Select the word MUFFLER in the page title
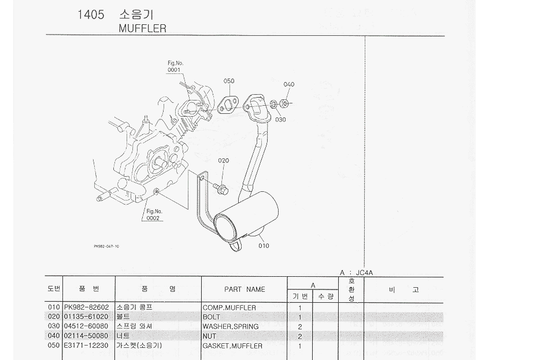[142, 28]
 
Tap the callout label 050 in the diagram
[229, 81]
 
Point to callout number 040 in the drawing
[289, 84]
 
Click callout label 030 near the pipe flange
[280, 120]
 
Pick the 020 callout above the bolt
[224, 160]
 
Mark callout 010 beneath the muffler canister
[264, 246]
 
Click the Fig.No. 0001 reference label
[175, 66]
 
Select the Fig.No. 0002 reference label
[153, 215]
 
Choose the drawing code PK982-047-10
[106, 246]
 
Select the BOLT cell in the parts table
[212, 317]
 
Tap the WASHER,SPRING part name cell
[230, 326]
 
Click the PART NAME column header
[245, 289]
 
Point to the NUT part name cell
[209, 336]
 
